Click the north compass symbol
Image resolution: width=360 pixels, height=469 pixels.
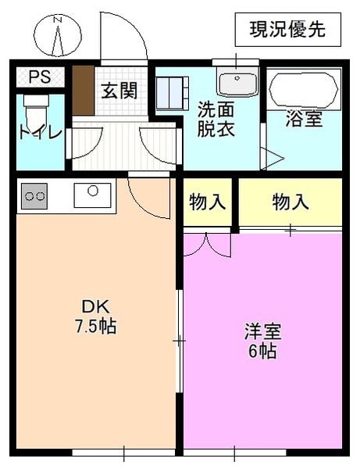[58, 36]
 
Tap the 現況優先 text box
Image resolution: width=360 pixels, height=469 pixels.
[288, 30]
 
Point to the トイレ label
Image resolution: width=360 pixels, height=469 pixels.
[40, 132]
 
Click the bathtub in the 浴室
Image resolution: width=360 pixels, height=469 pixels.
[304, 91]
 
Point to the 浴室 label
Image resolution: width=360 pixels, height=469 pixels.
[304, 120]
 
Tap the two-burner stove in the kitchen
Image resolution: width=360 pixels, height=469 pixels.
[34, 195]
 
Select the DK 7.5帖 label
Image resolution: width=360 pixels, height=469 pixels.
[95, 317]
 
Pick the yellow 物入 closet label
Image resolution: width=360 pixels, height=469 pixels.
[290, 202]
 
